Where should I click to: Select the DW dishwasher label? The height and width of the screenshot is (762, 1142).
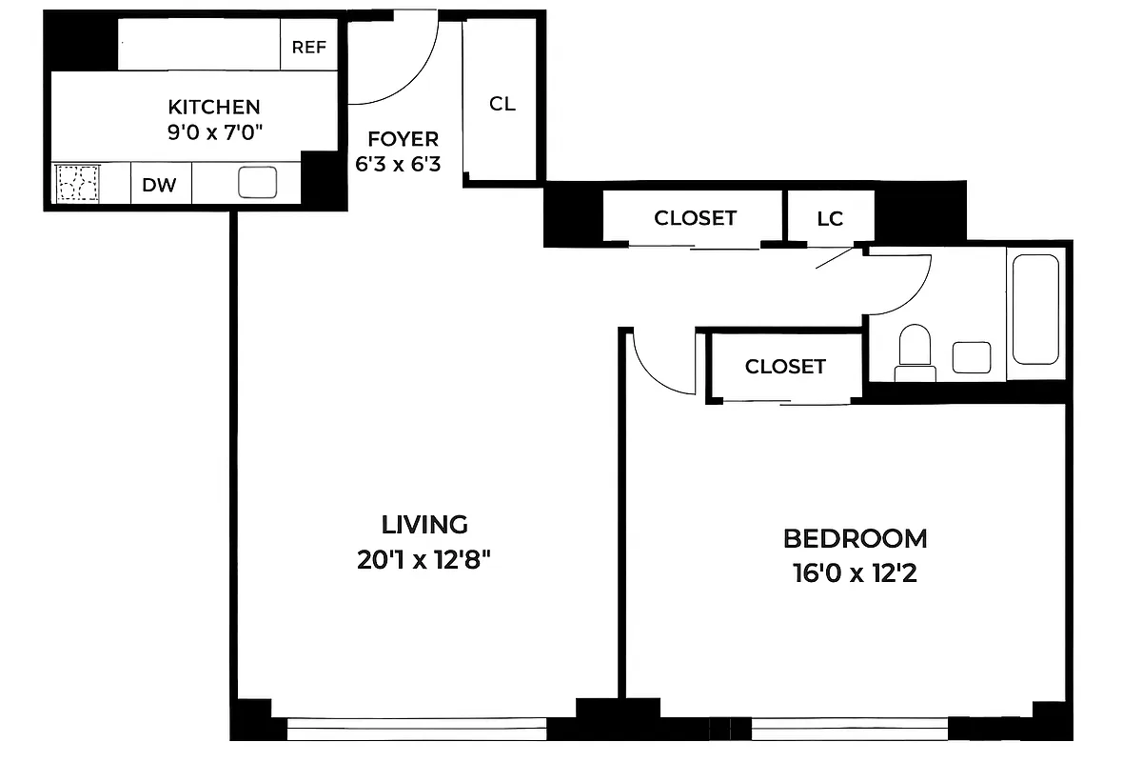(x=160, y=185)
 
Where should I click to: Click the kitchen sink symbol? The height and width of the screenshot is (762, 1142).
(x=257, y=182)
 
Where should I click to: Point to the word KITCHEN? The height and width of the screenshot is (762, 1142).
(x=214, y=107)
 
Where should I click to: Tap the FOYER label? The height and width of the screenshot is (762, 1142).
(x=398, y=139)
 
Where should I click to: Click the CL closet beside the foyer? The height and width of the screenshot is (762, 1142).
(x=502, y=103)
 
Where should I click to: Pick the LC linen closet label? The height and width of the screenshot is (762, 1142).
(x=830, y=218)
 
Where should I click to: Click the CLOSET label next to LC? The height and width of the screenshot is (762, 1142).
(x=695, y=218)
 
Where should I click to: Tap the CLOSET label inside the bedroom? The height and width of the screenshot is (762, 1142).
(x=785, y=366)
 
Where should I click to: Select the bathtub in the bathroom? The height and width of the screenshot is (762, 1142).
(x=1035, y=309)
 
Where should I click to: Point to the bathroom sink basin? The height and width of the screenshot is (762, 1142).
(x=972, y=357)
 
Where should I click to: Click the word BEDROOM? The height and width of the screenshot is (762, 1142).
(x=855, y=539)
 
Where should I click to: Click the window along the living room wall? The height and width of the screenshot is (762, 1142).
(x=417, y=731)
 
